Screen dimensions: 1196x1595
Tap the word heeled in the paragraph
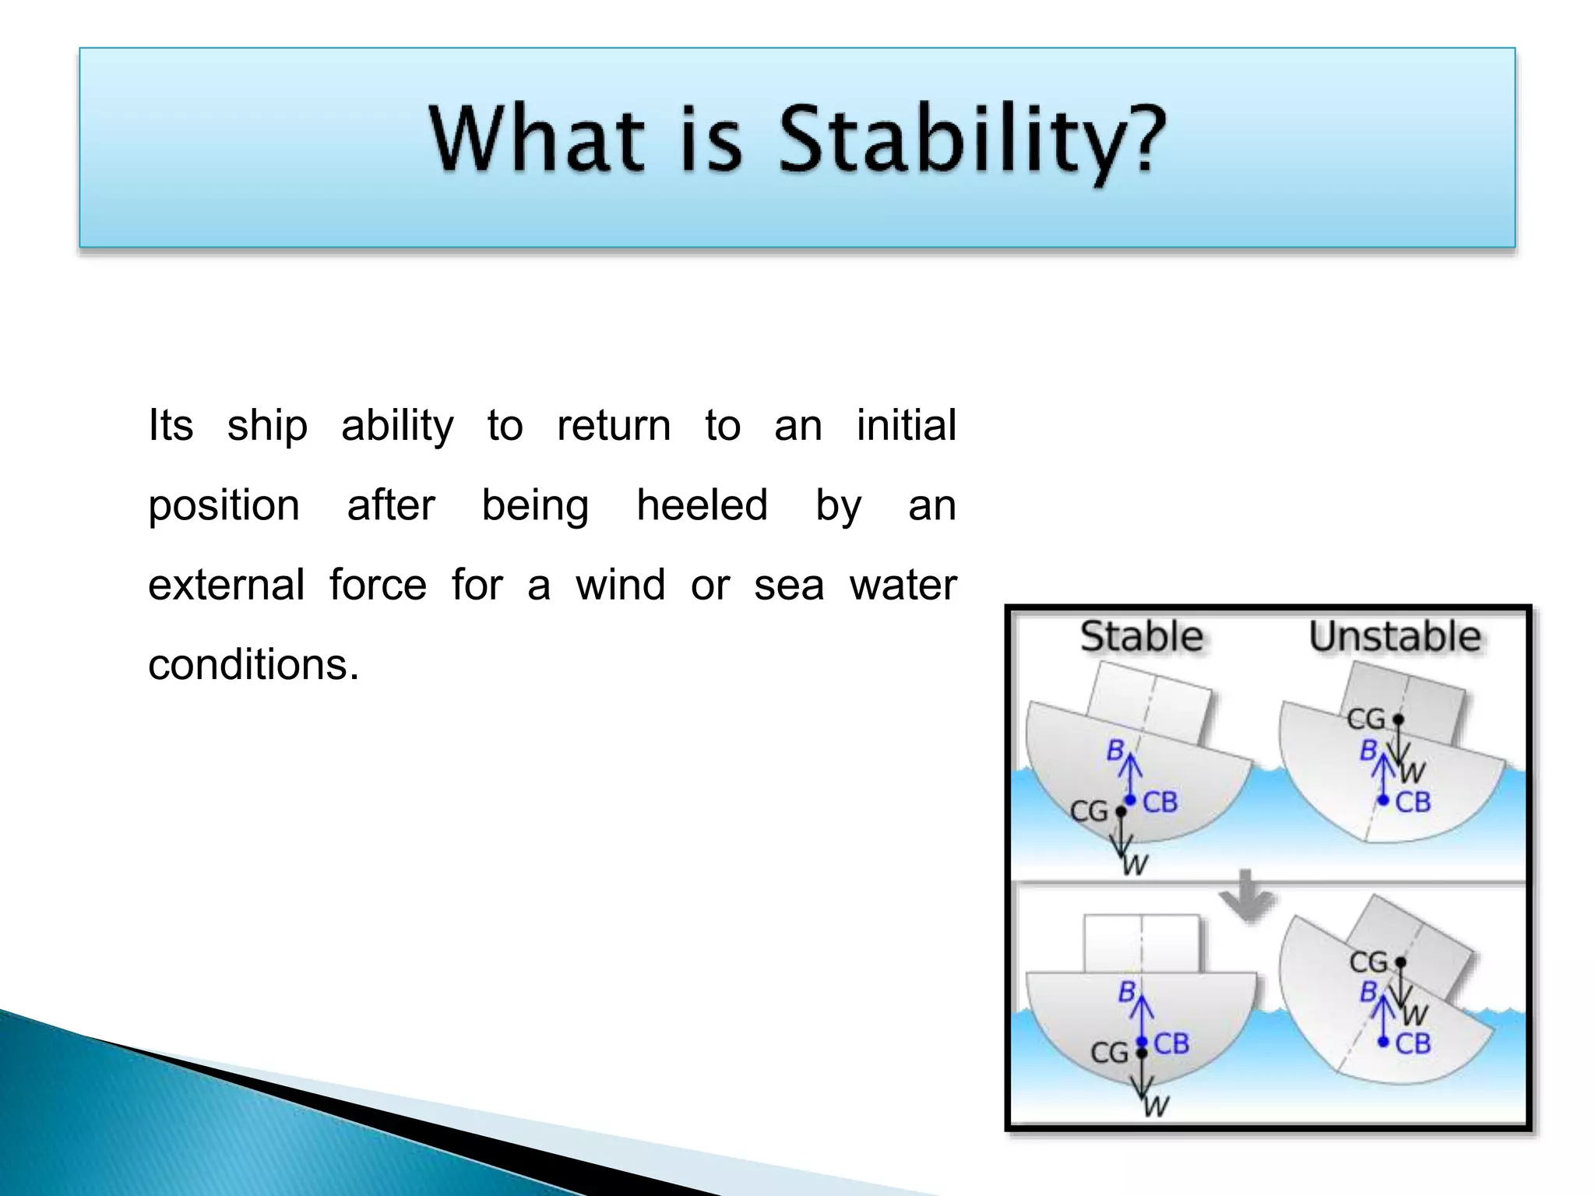702,505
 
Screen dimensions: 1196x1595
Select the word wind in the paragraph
620,585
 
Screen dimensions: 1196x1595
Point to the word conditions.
253,665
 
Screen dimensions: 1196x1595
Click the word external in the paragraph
226,585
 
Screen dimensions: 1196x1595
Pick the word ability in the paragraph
397,426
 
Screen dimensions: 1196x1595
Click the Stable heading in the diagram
1141,637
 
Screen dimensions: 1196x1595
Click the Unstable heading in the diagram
1394,637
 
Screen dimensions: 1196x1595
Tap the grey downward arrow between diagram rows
1246,895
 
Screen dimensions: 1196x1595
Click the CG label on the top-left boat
1088,811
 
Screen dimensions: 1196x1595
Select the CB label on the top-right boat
1413,802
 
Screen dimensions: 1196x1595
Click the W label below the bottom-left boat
1157,1106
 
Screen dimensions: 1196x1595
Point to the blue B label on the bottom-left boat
1126,991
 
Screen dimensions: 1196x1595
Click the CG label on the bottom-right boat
1368,962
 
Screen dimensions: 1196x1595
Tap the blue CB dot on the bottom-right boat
1383,1042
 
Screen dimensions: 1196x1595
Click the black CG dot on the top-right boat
1398,719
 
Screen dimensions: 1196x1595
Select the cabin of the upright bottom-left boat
1141,943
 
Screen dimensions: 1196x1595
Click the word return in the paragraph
614,426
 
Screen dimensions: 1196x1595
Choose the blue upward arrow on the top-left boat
1131,775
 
